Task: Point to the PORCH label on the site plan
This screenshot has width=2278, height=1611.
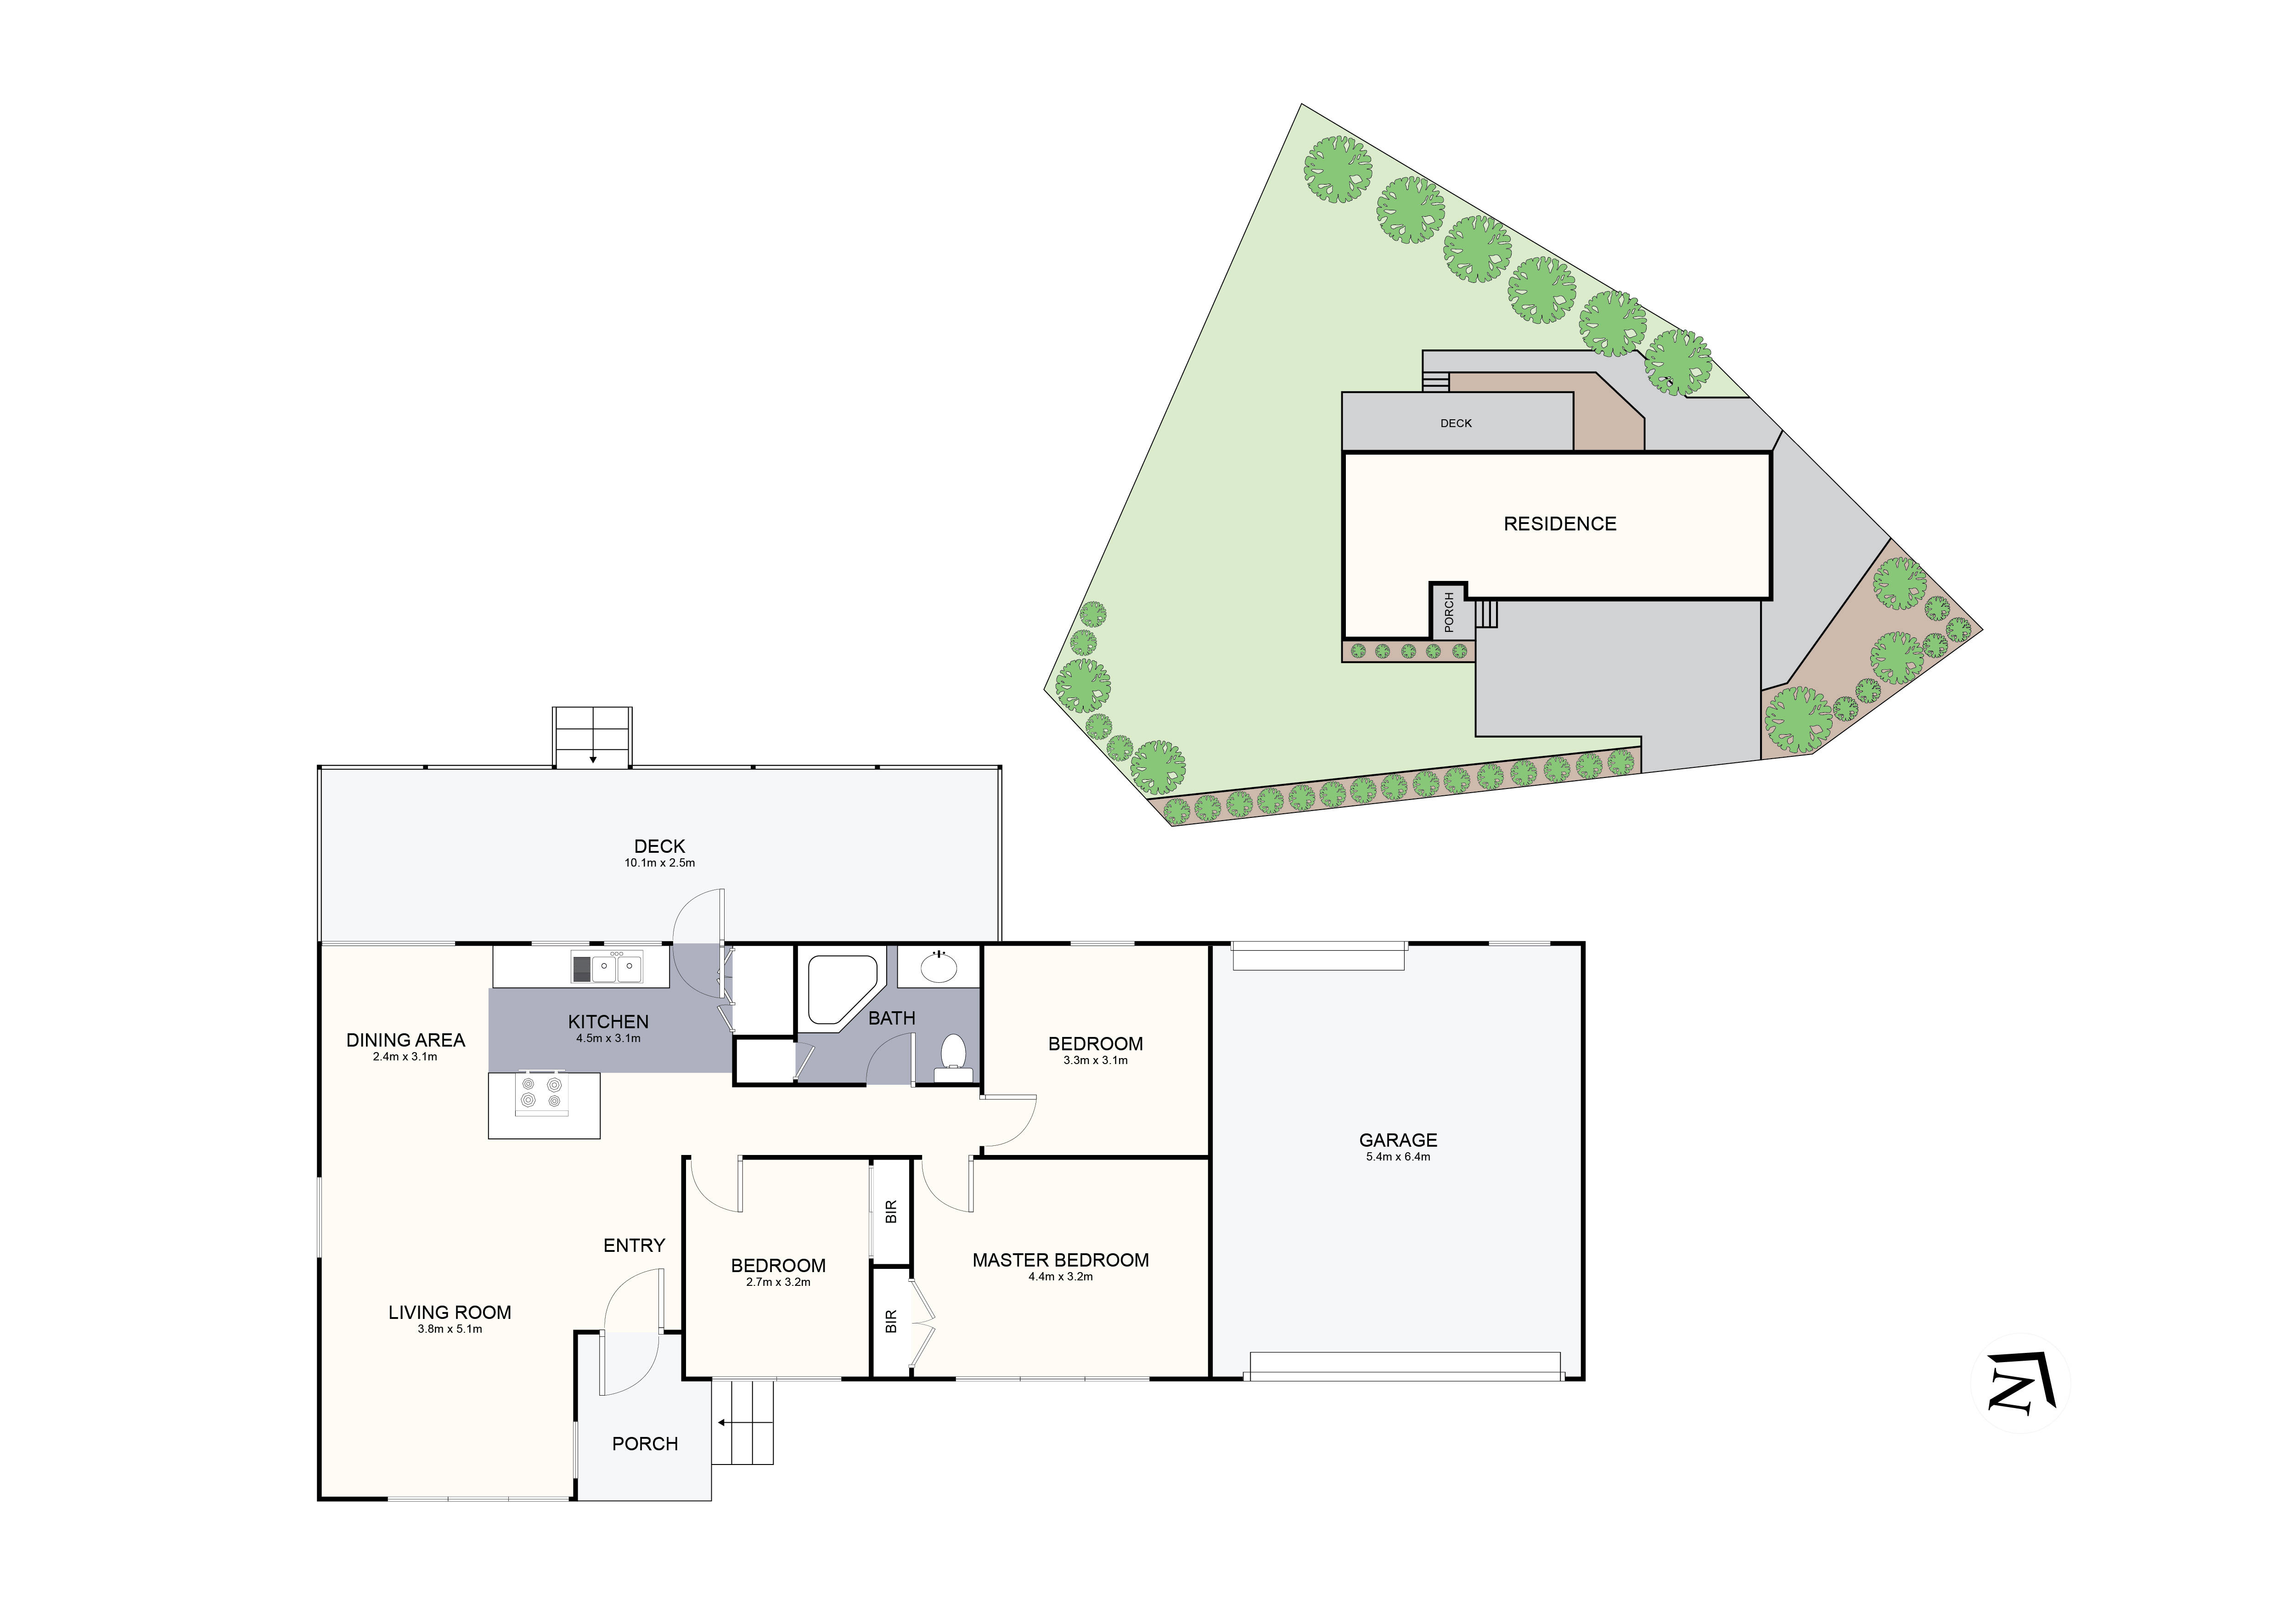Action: pos(1449,612)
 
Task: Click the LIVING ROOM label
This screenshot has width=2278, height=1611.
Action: pos(450,1312)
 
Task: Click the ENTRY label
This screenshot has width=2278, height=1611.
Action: pos(634,1245)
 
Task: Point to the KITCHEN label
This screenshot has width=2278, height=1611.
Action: pos(608,1022)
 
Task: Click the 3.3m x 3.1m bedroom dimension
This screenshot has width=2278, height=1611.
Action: pos(1095,1060)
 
